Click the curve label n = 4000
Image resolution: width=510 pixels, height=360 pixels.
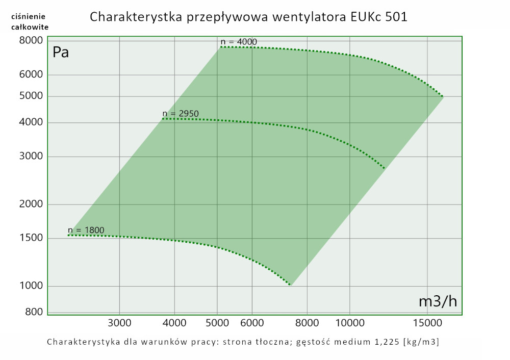(239, 42)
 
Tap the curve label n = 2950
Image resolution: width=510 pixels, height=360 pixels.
(180, 113)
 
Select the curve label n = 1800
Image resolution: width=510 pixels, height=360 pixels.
(86, 230)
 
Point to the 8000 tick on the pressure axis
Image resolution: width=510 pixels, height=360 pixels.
(32, 41)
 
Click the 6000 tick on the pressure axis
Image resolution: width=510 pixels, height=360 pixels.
(32, 75)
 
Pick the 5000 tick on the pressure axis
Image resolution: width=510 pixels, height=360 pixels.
(32, 96)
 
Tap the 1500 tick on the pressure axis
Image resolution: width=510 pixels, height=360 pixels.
(32, 238)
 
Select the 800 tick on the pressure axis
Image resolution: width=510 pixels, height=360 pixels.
(34, 312)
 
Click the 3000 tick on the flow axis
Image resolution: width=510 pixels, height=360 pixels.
(119, 322)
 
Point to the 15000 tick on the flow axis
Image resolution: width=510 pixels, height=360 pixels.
(426, 322)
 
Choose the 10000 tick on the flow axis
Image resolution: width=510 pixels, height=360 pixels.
(349, 322)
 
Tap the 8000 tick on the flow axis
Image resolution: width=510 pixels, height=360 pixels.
(307, 322)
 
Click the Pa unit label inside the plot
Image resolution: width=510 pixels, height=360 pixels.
(61, 53)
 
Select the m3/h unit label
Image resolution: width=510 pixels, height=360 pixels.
(438, 301)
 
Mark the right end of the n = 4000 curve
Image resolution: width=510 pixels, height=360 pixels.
(443, 96)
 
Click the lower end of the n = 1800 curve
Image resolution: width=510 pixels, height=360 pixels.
(290, 285)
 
